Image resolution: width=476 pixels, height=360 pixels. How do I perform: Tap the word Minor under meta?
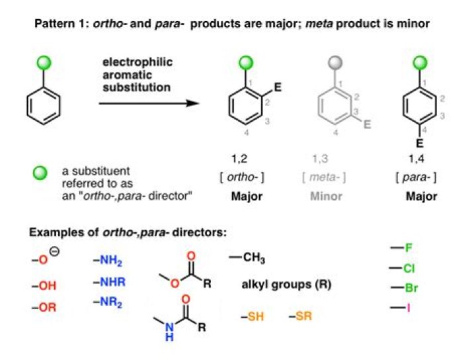pos(327,197)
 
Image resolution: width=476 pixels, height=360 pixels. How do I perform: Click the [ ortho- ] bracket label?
pos(244,177)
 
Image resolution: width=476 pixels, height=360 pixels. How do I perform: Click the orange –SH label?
pos(252,316)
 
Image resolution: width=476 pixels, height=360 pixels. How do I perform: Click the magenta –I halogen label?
pos(402,308)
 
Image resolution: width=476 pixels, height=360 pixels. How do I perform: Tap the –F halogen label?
pos(402,248)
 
